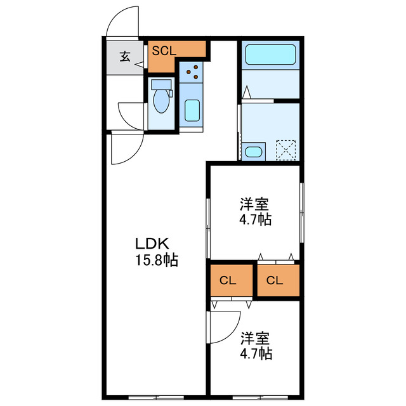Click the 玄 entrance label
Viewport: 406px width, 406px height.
click(125, 57)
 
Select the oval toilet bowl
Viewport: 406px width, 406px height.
click(161, 102)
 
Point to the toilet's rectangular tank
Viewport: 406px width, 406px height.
click(161, 84)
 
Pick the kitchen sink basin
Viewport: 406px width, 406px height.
click(192, 110)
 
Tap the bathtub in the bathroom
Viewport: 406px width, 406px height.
click(270, 54)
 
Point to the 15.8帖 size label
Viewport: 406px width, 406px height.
click(155, 259)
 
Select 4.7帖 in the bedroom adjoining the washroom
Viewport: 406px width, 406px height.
click(256, 220)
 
